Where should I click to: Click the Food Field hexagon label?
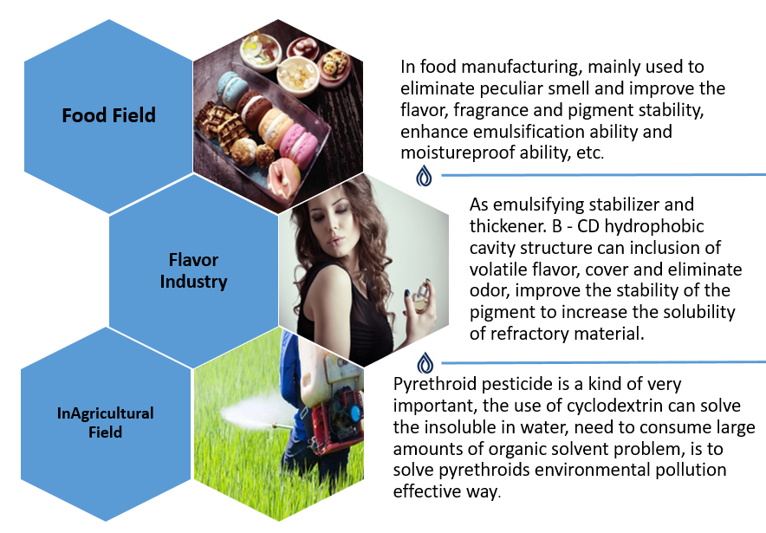108,115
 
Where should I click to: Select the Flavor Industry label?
193,270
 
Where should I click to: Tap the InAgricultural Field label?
105,423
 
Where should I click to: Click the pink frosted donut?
283,178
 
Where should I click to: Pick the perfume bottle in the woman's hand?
419,297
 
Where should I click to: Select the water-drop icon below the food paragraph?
424,175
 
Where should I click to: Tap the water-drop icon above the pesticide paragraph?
425,363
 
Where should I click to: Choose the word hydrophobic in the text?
654,227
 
